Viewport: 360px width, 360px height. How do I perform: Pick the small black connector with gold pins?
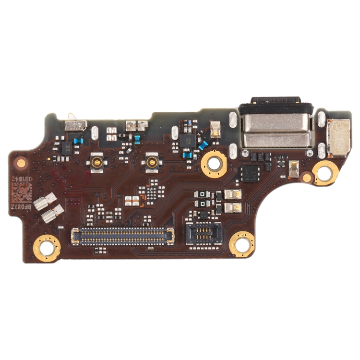(x=204, y=234)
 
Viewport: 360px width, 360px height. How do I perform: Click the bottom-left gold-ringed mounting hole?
(x=47, y=248)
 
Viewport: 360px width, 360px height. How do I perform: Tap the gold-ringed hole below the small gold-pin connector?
(x=241, y=244)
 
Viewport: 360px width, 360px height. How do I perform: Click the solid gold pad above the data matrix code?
(x=21, y=163)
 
